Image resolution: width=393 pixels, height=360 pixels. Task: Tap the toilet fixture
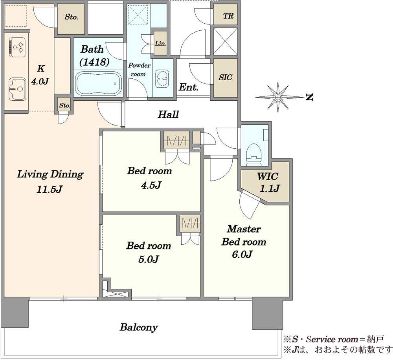[x=254, y=155]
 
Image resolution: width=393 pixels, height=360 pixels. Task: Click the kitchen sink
[x=17, y=89]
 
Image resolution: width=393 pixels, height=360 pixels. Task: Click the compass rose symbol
[x=278, y=97]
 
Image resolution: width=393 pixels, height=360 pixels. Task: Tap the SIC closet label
[x=225, y=77]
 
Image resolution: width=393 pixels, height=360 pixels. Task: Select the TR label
[x=228, y=16]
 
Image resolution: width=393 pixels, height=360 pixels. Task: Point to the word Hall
[x=168, y=114]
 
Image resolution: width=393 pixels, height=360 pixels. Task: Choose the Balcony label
[x=139, y=327]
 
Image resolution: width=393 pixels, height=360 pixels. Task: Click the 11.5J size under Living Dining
[x=49, y=189]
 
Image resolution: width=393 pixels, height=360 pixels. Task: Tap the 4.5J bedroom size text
[x=151, y=185]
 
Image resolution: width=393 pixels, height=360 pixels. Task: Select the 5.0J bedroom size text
[x=149, y=259]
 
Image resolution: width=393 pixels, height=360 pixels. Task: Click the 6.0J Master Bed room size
[x=242, y=255]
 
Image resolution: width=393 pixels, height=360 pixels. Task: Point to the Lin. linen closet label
[x=160, y=43]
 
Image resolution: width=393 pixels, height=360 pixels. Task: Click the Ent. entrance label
[x=189, y=87]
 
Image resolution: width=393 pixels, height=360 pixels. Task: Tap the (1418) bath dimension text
[x=94, y=62]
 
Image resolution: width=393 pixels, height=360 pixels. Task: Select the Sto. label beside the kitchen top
[x=72, y=17]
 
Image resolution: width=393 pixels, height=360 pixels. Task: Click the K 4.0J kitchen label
[x=40, y=75]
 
